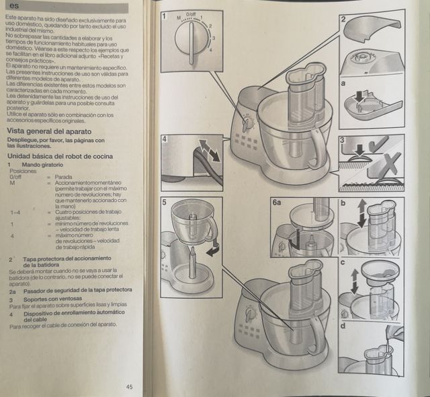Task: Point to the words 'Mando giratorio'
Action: (x=44, y=165)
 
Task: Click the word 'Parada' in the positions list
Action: (x=64, y=177)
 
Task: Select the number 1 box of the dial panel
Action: (x=166, y=15)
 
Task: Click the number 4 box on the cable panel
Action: (x=165, y=139)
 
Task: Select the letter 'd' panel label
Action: (x=343, y=326)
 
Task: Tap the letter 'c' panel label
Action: (x=343, y=262)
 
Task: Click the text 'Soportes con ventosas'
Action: (x=54, y=298)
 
